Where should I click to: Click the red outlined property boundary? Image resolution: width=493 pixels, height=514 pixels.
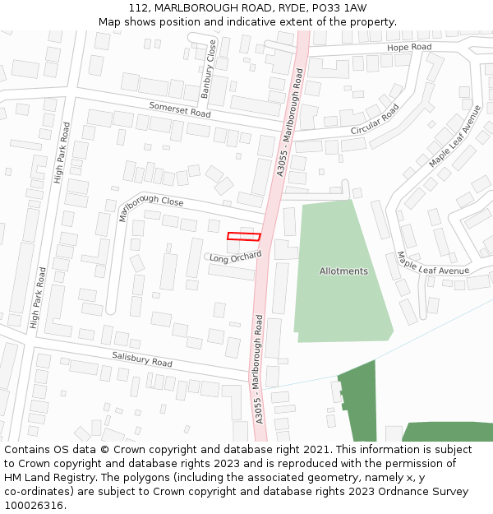click(243, 237)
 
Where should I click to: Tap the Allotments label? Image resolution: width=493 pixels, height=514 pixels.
click(343, 271)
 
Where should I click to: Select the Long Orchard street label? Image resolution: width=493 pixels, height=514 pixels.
click(235, 257)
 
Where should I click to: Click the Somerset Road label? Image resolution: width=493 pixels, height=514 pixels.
click(179, 109)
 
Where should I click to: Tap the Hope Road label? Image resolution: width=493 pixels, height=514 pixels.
click(409, 47)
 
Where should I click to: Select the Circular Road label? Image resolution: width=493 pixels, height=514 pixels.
click(375, 119)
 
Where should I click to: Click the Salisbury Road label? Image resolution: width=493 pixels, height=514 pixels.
click(141, 359)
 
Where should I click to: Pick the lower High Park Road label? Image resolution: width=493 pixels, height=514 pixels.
click(38, 298)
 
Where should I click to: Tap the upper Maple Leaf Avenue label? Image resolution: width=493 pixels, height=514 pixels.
click(454, 137)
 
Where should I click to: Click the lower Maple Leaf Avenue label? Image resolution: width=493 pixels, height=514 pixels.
click(432, 264)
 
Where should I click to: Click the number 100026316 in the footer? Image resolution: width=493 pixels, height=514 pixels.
click(35, 505)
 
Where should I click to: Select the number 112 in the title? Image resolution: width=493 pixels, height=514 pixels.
click(139, 7)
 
